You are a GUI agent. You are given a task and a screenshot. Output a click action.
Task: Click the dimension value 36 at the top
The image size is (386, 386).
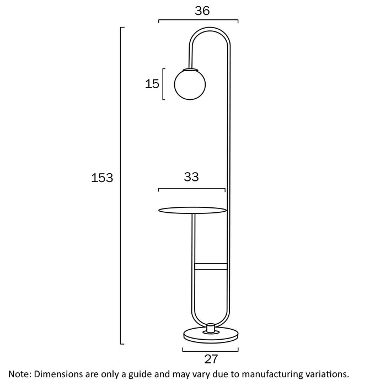click(x=202, y=11)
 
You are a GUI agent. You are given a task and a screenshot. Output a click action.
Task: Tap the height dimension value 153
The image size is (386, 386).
click(x=102, y=178)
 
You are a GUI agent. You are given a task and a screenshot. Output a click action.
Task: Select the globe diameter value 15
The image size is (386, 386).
click(x=152, y=84)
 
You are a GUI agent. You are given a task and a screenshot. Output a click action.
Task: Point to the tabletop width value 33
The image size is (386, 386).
click(x=191, y=177)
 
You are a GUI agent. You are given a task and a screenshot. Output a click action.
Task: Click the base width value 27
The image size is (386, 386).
click(x=211, y=359)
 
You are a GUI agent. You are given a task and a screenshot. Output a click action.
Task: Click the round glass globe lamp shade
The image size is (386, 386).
click(x=190, y=84)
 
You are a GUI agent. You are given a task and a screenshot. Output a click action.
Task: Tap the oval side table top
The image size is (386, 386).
click(x=192, y=210)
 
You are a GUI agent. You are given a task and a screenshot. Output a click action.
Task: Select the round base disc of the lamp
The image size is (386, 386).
click(x=211, y=335)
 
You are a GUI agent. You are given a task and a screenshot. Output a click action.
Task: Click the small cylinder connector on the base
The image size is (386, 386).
click(x=211, y=328)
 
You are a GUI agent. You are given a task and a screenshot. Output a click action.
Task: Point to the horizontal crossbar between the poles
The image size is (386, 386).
click(x=211, y=266)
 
